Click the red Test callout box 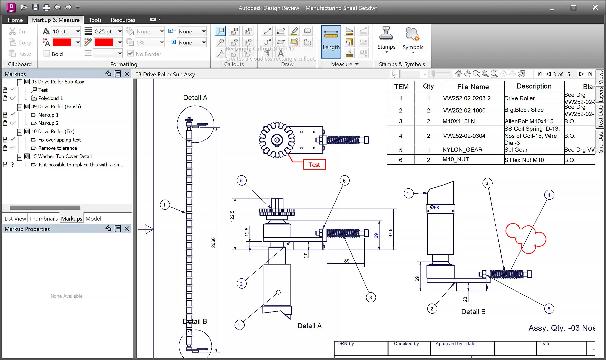[314, 165]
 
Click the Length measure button [331, 42]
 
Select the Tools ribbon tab [95, 20]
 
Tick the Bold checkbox [47, 54]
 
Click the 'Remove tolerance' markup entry [57, 148]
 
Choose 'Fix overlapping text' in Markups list [59, 140]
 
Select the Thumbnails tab [43, 219]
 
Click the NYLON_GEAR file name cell [462, 150]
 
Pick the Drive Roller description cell [519, 98]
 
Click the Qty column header [428, 86]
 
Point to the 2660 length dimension [213, 242]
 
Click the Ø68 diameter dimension [435, 207]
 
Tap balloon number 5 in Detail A [241, 181]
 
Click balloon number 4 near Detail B [549, 195]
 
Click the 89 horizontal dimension [347, 261]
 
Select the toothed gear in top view [277, 140]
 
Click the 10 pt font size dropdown [66, 31]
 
